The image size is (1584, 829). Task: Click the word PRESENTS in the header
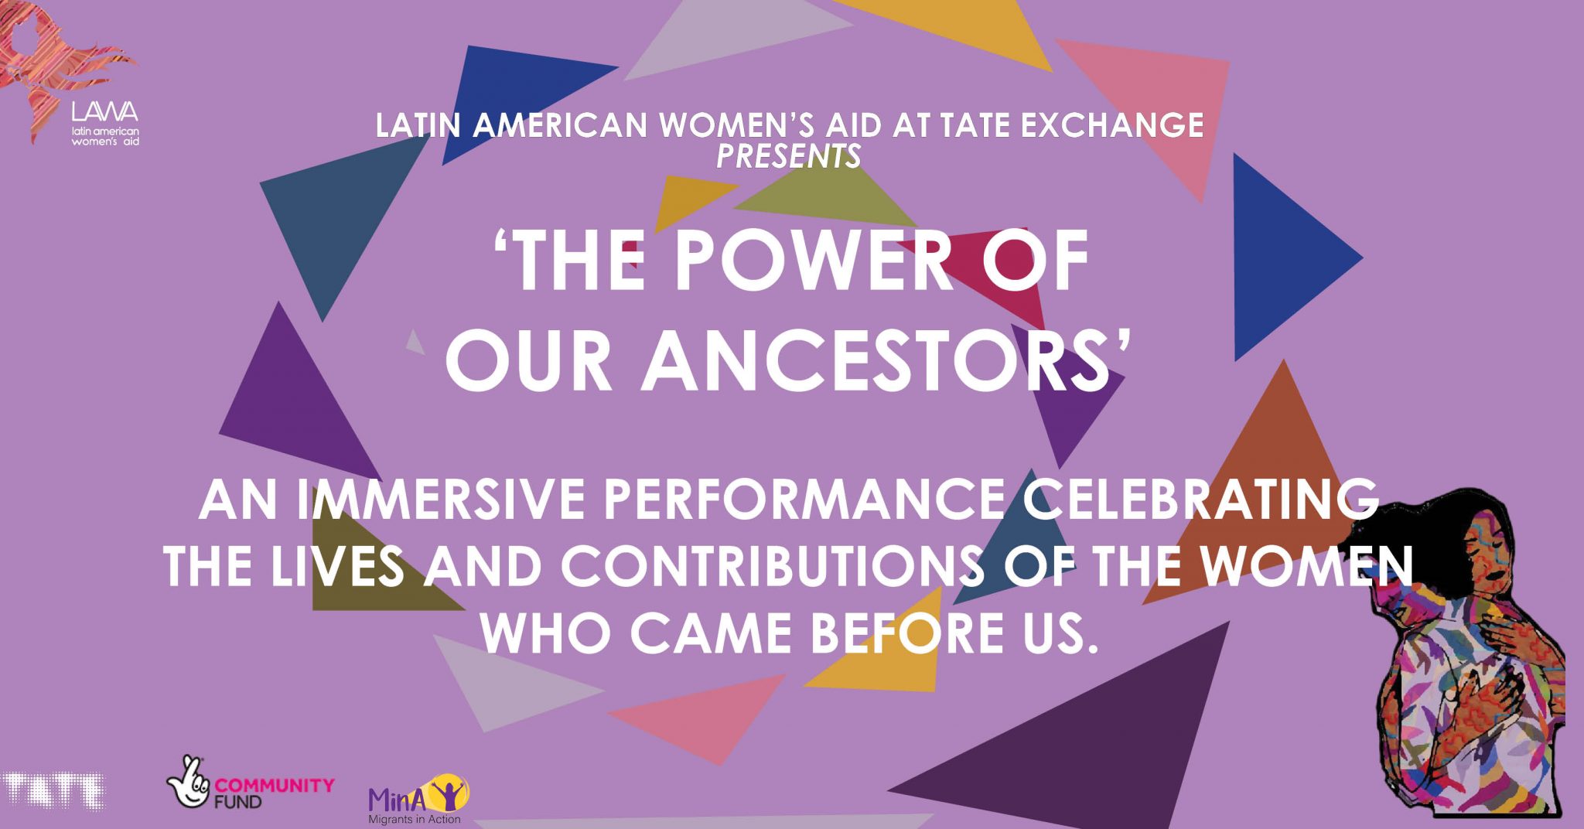(x=788, y=156)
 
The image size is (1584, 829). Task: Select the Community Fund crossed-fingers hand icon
(x=188, y=782)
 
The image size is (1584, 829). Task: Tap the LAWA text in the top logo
(x=105, y=113)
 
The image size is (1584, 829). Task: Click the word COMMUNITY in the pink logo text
(x=275, y=786)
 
